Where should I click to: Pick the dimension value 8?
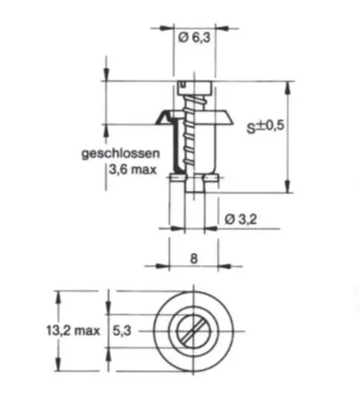click(x=194, y=258)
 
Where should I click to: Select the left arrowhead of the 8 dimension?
click(x=164, y=266)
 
